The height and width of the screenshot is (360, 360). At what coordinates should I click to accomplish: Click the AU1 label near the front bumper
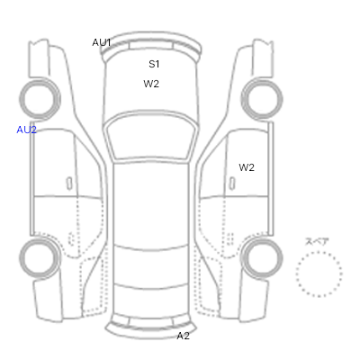coord(102,42)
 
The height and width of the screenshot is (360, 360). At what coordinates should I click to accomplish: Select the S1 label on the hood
coord(154,64)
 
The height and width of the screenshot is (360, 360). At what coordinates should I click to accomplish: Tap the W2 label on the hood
coord(151,84)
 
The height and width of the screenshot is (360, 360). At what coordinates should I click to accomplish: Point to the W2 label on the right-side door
coord(247,167)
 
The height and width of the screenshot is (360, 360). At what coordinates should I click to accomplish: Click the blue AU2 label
coord(26,130)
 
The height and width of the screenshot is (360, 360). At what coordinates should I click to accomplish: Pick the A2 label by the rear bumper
coord(183,336)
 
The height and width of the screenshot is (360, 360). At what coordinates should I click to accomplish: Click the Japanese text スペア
coord(317,241)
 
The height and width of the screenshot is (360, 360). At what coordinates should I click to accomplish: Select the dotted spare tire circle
coord(319,252)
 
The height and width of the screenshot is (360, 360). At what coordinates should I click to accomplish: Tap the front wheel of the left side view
coord(40,80)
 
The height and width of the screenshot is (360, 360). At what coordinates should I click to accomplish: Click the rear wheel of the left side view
coord(40,238)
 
